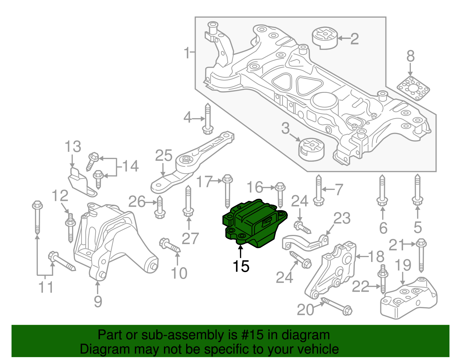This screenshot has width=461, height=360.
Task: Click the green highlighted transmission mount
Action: (x=254, y=223)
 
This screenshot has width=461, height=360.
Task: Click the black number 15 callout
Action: (x=241, y=266)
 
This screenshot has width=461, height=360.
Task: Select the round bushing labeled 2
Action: (x=325, y=38)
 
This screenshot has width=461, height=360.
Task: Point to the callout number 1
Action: (x=187, y=53)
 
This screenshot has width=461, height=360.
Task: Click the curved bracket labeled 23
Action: (x=305, y=244)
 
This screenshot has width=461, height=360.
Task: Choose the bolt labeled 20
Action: (x=337, y=306)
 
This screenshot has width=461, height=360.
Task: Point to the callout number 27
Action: (x=190, y=239)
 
